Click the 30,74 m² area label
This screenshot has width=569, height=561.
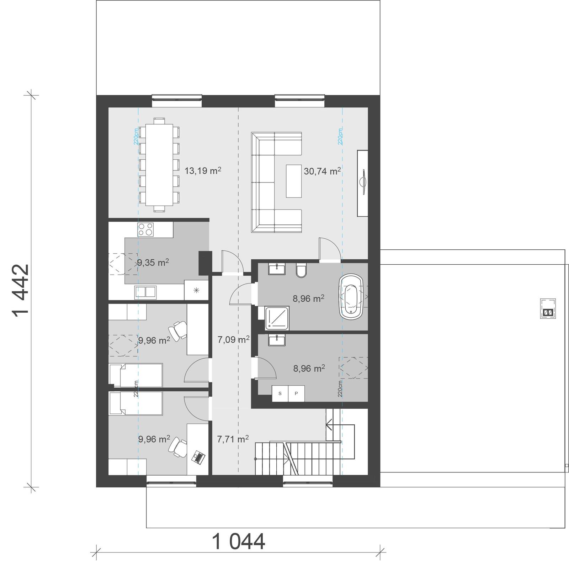tap(322, 171)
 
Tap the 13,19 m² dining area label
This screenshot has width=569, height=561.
tap(203, 170)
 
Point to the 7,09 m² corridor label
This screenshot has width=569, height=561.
tap(233, 339)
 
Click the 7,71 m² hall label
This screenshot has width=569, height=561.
tap(233, 439)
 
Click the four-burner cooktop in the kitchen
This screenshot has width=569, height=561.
tap(145, 229)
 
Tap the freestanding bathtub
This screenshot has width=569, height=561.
tap(352, 295)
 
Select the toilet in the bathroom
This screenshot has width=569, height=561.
tap(301, 270)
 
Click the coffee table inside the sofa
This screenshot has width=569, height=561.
tap(293, 181)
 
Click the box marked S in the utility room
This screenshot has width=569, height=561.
tap(280, 393)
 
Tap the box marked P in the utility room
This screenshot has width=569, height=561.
tap(296, 393)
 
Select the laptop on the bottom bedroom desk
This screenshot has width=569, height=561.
tap(198, 457)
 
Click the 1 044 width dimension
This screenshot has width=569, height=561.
tap(239, 542)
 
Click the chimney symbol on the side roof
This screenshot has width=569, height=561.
tap(548, 308)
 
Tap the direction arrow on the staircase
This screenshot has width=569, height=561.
tap(329, 424)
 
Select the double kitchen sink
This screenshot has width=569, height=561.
tap(145, 292)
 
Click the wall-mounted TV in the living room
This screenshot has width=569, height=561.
tap(363, 182)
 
